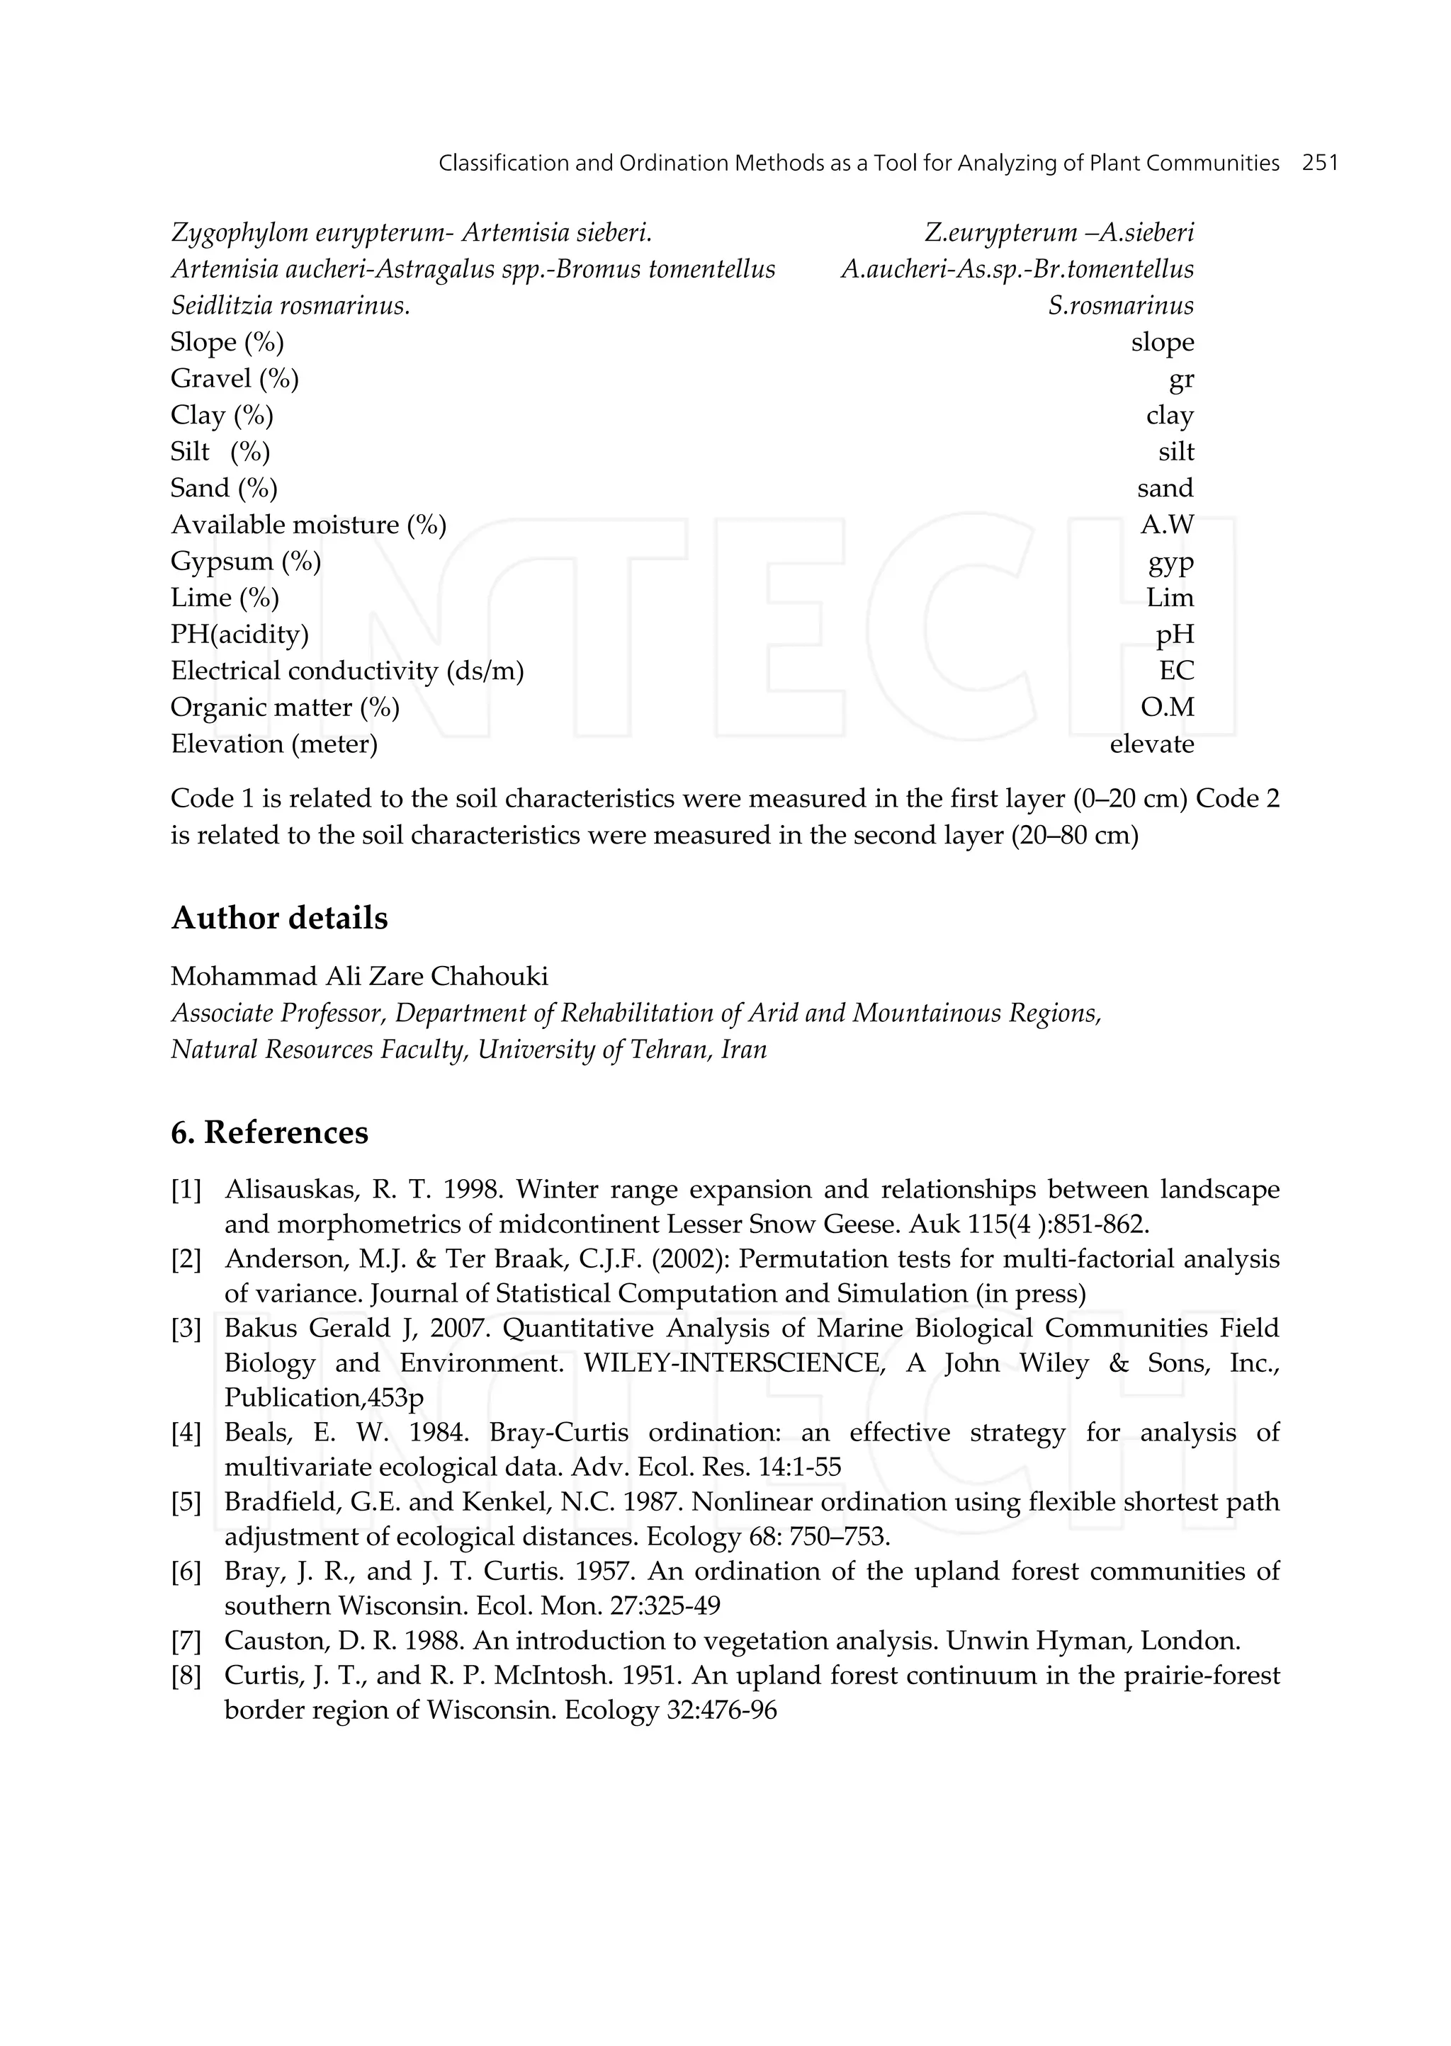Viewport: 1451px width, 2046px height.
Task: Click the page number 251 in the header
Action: [1320, 164]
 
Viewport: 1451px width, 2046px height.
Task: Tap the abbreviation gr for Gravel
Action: [1180, 380]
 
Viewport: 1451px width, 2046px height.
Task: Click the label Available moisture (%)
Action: [308, 525]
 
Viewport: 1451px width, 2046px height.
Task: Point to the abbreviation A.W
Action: [1166, 525]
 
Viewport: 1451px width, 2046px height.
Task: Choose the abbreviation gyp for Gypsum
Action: [1170, 562]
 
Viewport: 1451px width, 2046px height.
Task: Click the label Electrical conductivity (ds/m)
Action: [346, 671]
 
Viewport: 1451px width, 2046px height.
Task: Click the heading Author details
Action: [278, 918]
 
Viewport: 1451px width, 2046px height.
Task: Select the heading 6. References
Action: [269, 1132]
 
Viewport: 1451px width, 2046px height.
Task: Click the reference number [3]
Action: [186, 1329]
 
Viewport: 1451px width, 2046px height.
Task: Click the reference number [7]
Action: [186, 1640]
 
